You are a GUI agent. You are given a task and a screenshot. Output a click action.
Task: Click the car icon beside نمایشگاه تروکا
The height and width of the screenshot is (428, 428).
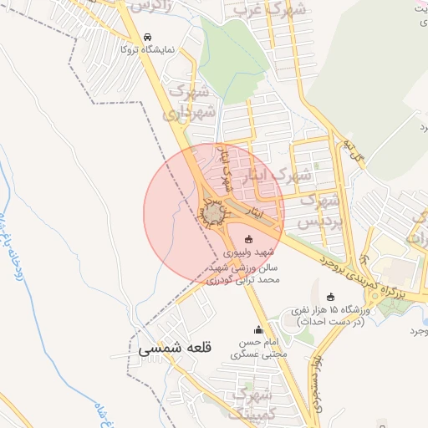(x=148, y=37)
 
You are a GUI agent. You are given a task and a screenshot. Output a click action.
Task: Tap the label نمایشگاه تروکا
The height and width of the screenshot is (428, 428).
(x=147, y=50)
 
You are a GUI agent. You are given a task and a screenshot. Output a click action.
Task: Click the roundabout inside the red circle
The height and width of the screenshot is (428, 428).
(x=213, y=216)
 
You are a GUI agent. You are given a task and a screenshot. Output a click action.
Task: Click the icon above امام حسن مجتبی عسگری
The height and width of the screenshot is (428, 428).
(x=257, y=329)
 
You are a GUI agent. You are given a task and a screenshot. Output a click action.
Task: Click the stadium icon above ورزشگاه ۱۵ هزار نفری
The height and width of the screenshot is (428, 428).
(x=331, y=296)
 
